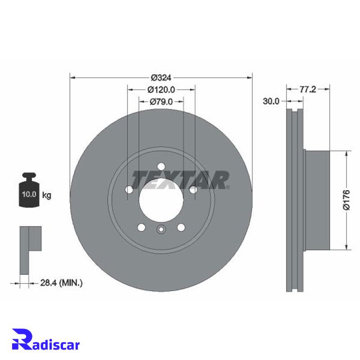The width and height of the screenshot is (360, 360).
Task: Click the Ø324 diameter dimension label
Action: pos(161,77)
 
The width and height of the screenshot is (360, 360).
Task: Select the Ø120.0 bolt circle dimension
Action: pos(161,90)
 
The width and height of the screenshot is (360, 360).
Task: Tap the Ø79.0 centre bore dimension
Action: pos(161,101)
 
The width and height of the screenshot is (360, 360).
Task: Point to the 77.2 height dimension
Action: pos(308,89)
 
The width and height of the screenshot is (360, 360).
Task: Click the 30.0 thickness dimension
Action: pos(271,101)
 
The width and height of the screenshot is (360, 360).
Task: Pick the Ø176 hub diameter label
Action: pos(346,200)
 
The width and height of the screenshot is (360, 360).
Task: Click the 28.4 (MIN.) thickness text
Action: pos(61,283)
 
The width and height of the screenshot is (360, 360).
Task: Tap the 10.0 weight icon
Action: pos(29,189)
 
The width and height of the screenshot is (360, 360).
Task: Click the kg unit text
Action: pos(47,195)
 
